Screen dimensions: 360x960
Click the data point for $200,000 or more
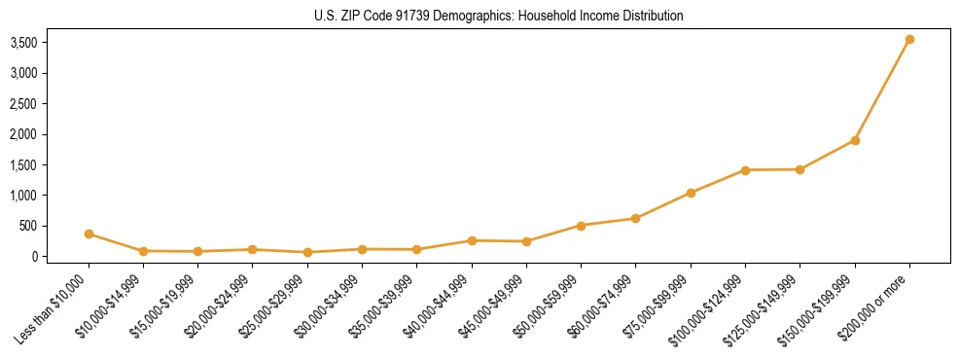[909, 40]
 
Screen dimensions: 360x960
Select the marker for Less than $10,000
[89, 234]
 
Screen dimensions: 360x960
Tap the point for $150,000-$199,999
[855, 140]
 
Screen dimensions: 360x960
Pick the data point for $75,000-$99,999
[691, 193]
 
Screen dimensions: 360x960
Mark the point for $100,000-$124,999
[745, 170]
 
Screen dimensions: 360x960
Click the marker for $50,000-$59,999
[581, 226]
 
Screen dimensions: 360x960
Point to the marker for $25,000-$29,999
[307, 252]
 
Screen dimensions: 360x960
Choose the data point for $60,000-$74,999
[635, 218]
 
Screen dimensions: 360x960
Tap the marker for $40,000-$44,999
[472, 240]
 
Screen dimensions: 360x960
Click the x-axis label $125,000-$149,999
[767, 307]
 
